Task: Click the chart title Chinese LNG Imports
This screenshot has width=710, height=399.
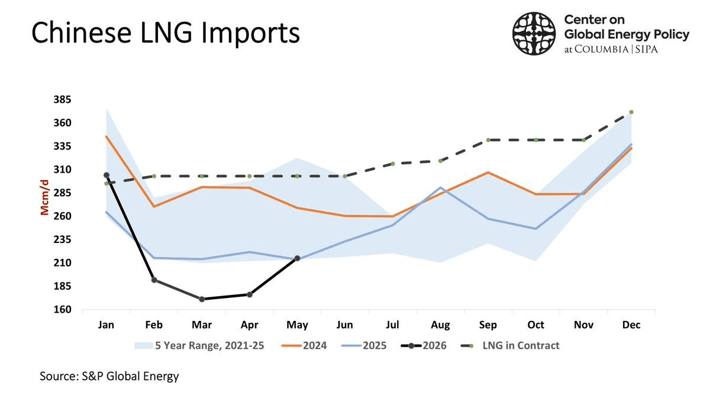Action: pos(166,33)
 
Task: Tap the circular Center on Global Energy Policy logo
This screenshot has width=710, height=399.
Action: pos(534,34)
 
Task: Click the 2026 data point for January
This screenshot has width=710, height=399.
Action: pos(106,175)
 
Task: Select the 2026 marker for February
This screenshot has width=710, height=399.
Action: pos(154,280)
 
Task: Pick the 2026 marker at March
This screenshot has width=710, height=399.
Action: pos(202,299)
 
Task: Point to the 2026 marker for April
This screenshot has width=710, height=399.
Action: pos(250,295)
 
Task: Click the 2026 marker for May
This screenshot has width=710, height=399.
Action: pos(297,258)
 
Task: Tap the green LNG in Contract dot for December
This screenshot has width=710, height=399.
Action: pos(631,112)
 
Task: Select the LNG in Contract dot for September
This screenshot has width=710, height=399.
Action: pos(488,140)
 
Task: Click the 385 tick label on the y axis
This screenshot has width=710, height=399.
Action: pos(63,100)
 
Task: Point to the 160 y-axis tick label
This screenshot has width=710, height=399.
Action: pos(63,309)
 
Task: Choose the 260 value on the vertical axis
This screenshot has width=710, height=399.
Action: pos(63,216)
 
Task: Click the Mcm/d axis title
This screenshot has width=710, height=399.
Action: pos(45,197)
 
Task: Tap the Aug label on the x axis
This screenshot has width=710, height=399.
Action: pos(440,325)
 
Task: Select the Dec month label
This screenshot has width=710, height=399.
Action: pos(631,325)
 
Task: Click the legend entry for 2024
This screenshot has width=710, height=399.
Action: pos(304,345)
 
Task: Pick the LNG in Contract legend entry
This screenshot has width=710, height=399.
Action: pos(510,345)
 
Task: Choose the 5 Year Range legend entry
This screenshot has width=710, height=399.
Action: pos(199,345)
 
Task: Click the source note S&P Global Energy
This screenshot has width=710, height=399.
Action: pos(109,376)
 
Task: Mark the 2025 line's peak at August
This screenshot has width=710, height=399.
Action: pos(440,187)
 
